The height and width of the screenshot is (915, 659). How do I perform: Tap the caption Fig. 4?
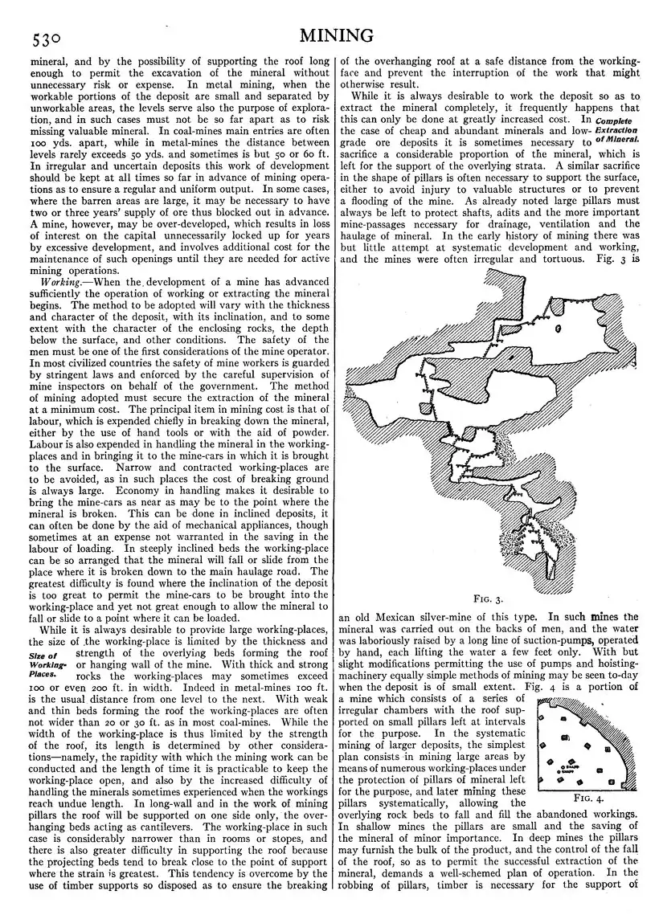(590, 798)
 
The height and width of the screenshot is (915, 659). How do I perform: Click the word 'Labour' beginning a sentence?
(47, 444)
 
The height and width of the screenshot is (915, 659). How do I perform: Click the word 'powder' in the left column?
(309, 431)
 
